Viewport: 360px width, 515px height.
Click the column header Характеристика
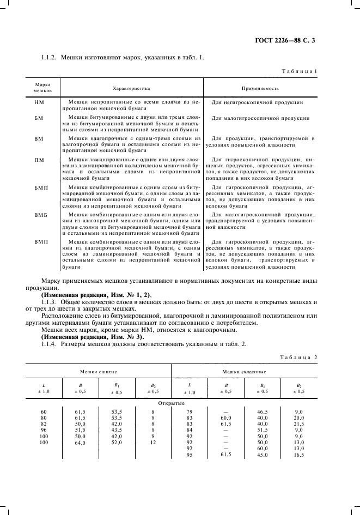(131, 87)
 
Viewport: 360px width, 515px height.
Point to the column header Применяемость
(260, 87)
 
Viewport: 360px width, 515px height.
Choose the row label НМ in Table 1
(39, 102)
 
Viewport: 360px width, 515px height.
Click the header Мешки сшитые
(99, 370)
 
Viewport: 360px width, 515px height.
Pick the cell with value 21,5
(298, 423)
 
